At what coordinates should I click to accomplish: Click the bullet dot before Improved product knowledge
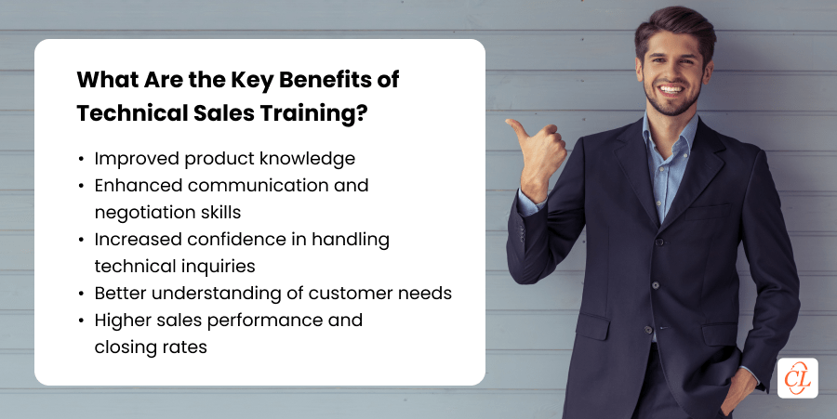[83, 159]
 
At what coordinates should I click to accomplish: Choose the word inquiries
[223, 267]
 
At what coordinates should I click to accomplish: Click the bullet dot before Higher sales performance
[83, 321]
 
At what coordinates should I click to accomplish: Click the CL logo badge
[797, 377]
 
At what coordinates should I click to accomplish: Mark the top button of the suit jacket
[651, 243]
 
